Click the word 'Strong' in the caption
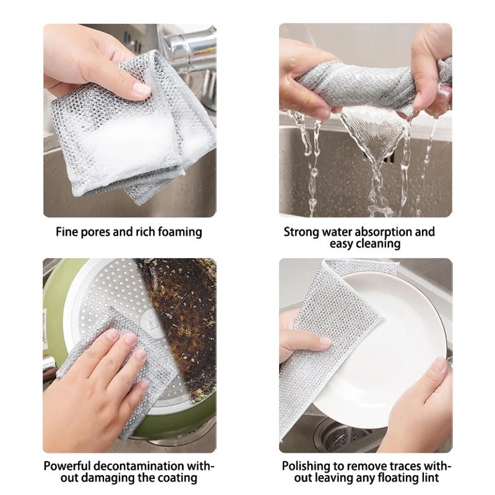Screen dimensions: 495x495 [x=301, y=233]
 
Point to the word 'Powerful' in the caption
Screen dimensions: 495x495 [x=68, y=466]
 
